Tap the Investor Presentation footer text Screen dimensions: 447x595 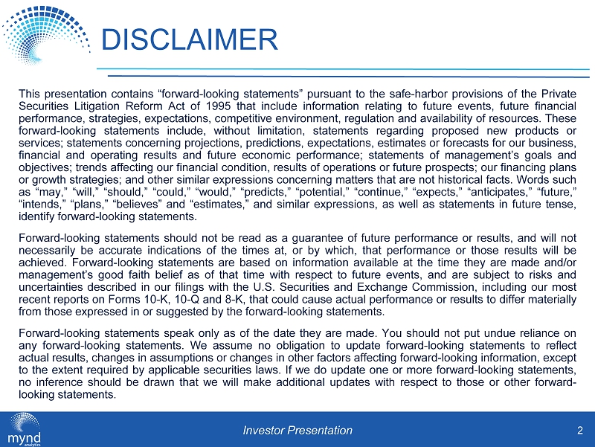coord(297,430)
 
